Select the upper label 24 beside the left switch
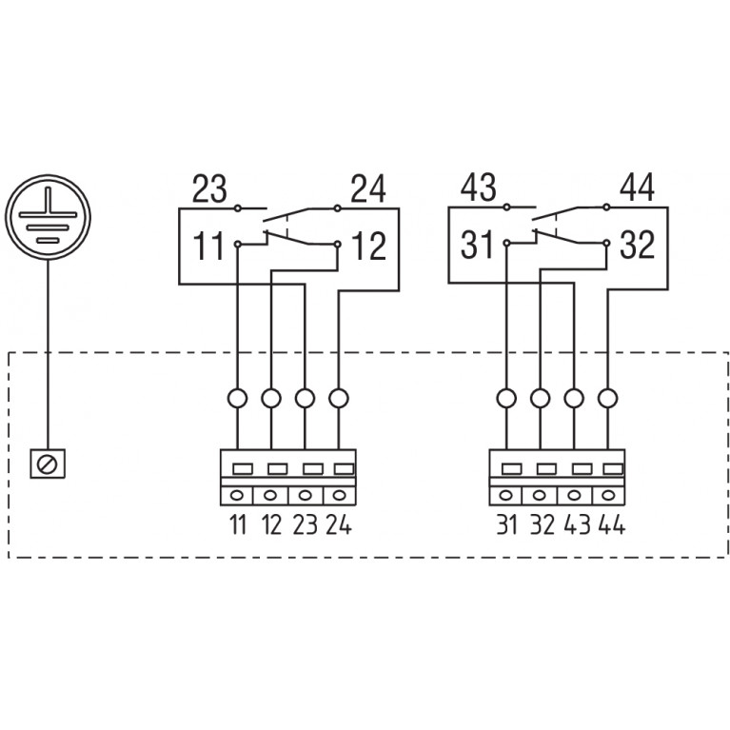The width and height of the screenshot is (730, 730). point(367,189)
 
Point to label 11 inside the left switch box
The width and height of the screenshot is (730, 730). point(209,246)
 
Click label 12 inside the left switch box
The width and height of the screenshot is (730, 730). point(368,246)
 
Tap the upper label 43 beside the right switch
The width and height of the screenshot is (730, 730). point(479,188)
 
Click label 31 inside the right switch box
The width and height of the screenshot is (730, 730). point(478,246)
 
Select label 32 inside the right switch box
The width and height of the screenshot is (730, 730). point(637,246)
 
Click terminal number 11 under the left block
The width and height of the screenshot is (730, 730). point(237,524)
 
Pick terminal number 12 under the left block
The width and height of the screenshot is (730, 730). point(271,524)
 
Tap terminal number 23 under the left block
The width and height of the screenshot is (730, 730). point(305,524)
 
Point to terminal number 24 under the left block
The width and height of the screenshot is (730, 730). point(339,524)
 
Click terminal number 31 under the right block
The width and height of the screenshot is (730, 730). point(506,524)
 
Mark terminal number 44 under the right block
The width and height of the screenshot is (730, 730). point(608,524)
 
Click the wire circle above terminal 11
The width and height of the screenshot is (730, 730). point(237,398)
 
